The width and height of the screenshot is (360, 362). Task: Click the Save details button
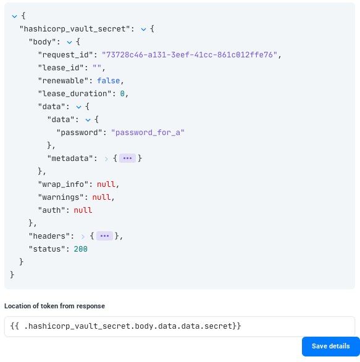[330, 347]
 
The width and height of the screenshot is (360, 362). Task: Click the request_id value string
[190, 55]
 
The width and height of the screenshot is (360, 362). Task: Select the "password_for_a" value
[148, 133]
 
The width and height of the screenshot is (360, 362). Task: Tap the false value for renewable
[109, 81]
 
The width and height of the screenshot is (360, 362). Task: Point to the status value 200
[80, 249]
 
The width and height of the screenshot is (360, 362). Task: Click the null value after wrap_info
[106, 184]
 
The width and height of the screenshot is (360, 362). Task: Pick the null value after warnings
[101, 197]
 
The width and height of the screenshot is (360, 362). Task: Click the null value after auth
[83, 210]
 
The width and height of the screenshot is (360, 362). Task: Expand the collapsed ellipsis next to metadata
[127, 158]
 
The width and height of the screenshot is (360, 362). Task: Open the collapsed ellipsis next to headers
[104, 236]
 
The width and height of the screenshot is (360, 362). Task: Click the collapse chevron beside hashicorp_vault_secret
[143, 30]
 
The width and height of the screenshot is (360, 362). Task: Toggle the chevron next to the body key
[69, 43]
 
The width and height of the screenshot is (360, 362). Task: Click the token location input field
[180, 326]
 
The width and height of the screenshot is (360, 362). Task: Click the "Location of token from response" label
[54, 306]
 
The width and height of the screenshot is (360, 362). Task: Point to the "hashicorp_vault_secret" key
[75, 29]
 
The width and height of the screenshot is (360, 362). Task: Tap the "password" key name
[79, 133]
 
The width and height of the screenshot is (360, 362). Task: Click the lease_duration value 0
[122, 94]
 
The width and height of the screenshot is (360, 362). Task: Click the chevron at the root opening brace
[14, 17]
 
